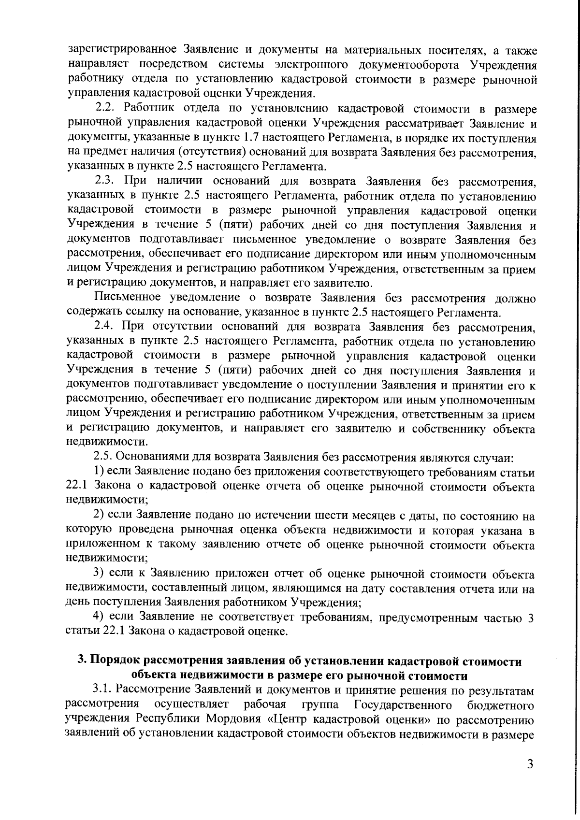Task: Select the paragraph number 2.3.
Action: (104, 181)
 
